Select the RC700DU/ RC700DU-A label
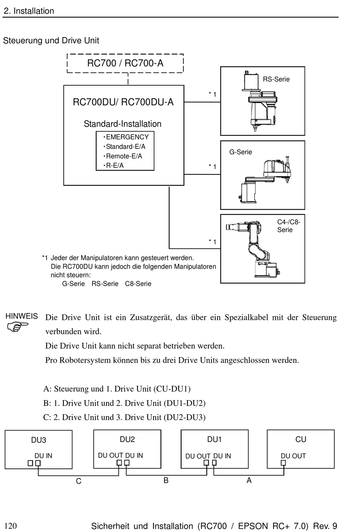tap(123, 102)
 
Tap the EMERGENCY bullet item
tap(126, 137)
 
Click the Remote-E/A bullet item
tap(123, 156)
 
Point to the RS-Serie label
tap(276, 79)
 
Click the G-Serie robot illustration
tap(265, 180)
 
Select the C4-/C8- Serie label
tap(289, 226)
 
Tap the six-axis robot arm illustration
tap(253, 249)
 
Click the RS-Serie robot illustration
tap(259, 101)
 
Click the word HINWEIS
tap(22, 316)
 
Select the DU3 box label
tap(38, 440)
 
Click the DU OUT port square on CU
tap(283, 463)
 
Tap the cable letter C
tap(78, 481)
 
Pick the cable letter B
tap(166, 480)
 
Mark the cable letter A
tap(249, 480)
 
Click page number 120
tap(11, 526)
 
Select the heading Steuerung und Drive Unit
tap(51, 41)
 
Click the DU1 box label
tap(214, 439)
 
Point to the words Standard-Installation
tap(122, 124)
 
